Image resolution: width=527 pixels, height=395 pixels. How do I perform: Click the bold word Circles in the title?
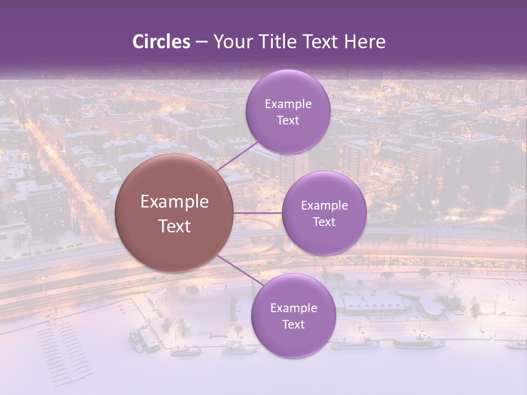point(161,42)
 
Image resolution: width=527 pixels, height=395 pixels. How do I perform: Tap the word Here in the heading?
point(365,42)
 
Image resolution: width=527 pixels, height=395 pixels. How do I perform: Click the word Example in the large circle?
point(175,202)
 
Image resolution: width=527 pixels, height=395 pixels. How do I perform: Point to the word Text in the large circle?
point(175,226)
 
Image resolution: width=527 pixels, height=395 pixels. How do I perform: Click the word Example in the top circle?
point(288,104)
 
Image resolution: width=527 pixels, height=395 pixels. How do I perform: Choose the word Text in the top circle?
point(288,121)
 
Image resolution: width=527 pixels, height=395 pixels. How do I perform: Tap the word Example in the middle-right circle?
point(324,206)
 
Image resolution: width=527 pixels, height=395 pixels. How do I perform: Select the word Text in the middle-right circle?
point(324,222)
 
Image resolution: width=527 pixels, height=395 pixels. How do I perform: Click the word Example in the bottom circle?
point(294,308)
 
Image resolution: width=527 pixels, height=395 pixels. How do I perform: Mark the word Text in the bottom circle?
point(293,325)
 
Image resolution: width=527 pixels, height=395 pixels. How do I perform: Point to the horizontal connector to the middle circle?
point(258,213)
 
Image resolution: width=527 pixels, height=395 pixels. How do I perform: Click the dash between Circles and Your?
point(201,42)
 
